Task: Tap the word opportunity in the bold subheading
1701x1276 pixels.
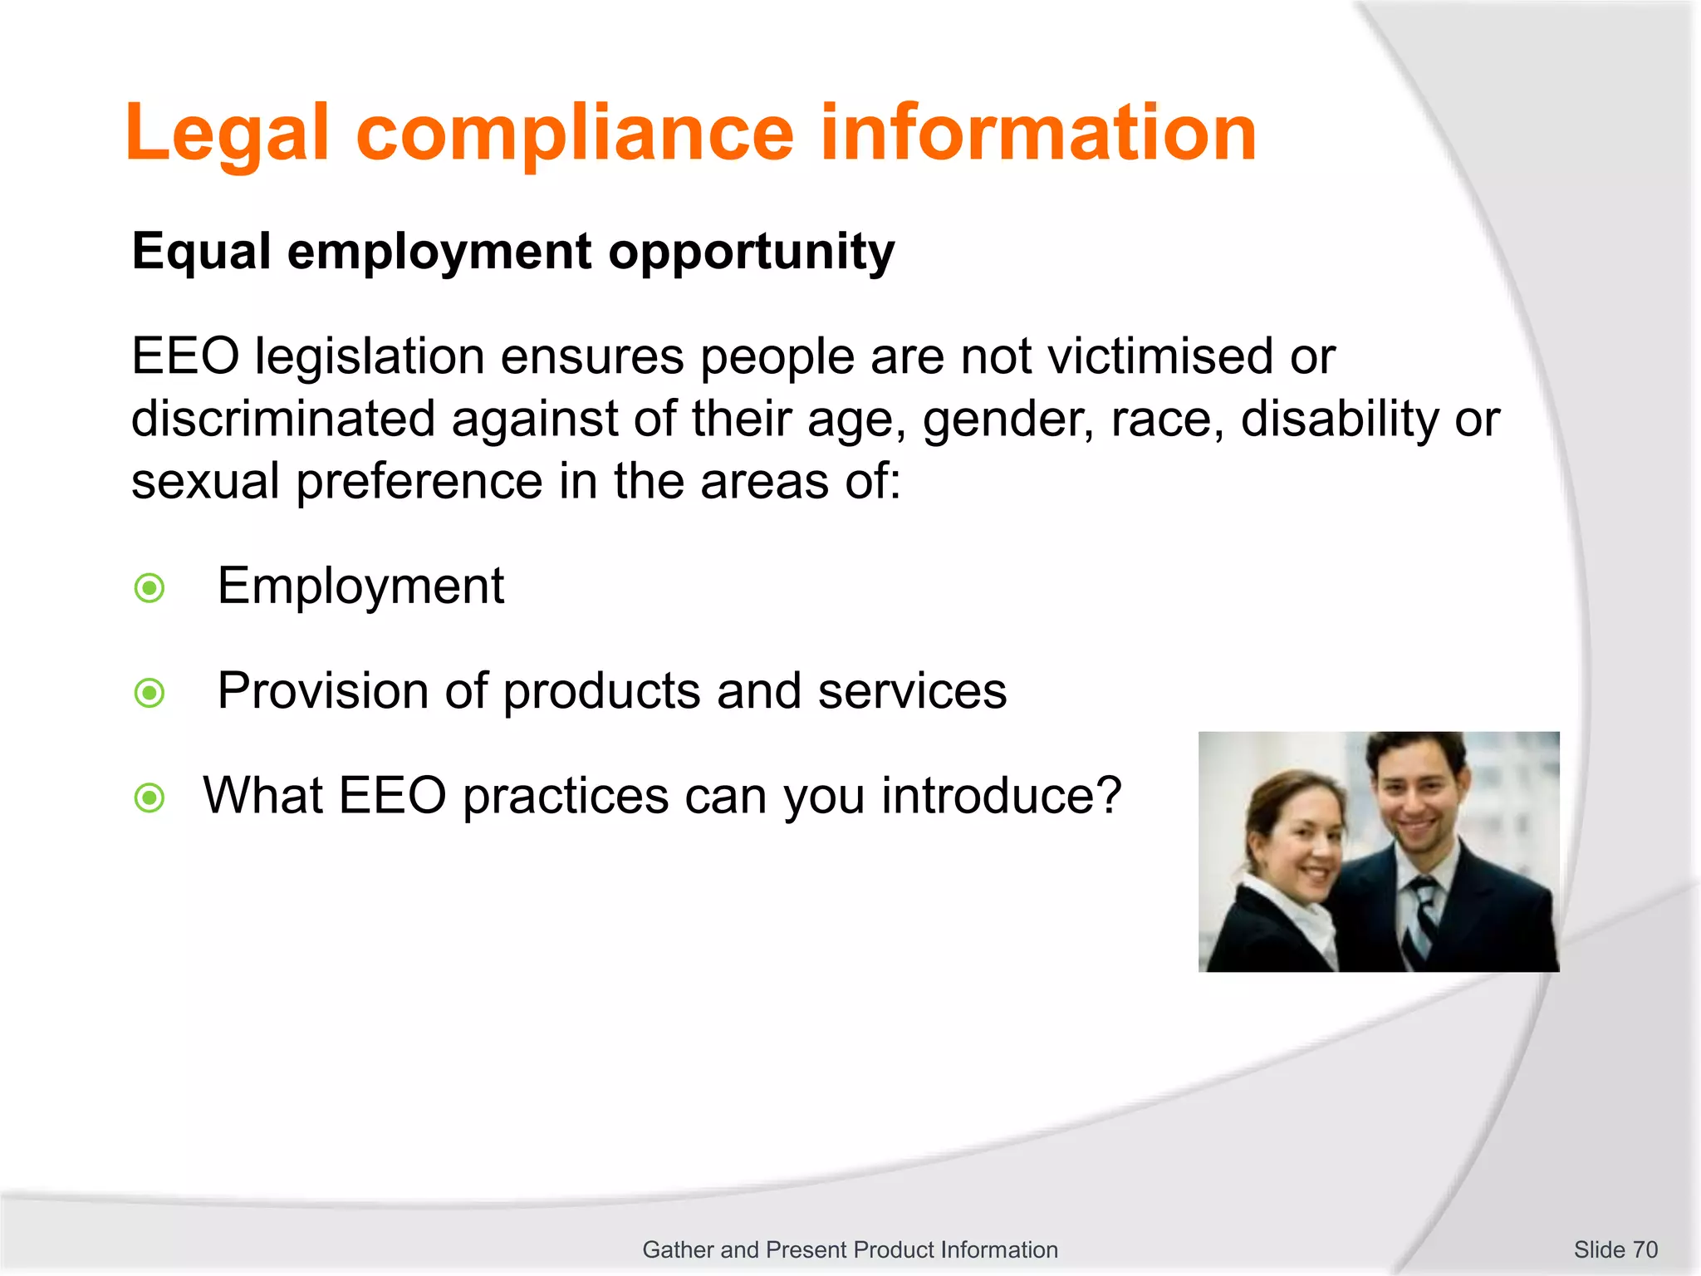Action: coord(751,253)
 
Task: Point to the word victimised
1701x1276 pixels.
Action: coord(1159,357)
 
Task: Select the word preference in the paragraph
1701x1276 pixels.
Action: coord(419,483)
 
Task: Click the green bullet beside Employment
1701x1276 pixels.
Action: coord(150,588)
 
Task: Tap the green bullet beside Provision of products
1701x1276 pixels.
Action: coord(150,693)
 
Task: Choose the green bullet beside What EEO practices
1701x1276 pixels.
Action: coord(150,798)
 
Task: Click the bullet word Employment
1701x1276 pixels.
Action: coord(360,586)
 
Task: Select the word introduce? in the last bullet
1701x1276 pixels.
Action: coord(1001,796)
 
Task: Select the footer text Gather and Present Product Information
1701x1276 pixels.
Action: coord(850,1249)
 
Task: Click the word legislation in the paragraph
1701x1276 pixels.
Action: coord(370,357)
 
